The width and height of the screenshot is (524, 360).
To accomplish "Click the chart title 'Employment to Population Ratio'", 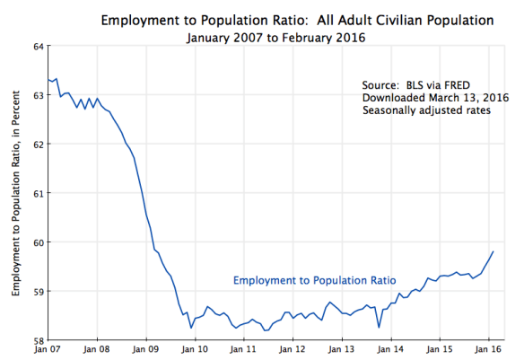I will click(x=297, y=19).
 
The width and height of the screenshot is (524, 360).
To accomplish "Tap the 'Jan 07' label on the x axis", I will click(x=48, y=350).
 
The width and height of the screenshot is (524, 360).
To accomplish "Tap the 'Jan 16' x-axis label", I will click(x=488, y=350).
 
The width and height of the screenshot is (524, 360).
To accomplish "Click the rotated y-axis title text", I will click(x=16, y=194).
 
